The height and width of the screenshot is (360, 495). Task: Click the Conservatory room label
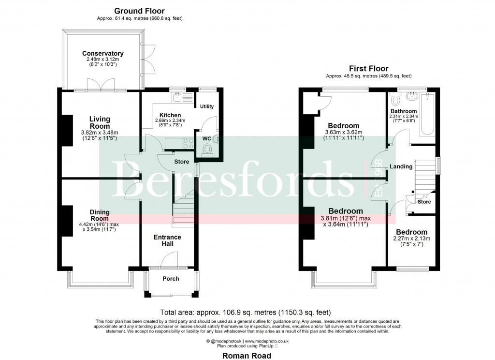click(102, 54)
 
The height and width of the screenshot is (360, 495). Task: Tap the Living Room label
click(99, 122)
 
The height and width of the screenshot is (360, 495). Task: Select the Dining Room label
click(99, 215)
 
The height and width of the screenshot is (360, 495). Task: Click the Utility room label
click(206, 106)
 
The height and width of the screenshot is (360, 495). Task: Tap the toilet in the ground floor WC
click(209, 150)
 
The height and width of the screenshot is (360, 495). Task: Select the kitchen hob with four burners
click(186, 143)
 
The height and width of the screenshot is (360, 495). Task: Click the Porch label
click(171, 278)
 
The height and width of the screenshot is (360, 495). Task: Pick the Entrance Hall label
click(167, 240)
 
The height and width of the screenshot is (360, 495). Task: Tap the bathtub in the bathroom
click(428, 115)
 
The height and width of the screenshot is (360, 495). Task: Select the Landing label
click(401, 166)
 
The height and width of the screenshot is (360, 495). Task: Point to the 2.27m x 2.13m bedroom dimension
click(412, 239)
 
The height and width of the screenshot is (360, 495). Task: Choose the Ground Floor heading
click(139, 11)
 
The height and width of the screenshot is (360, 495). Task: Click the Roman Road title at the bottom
click(247, 355)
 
